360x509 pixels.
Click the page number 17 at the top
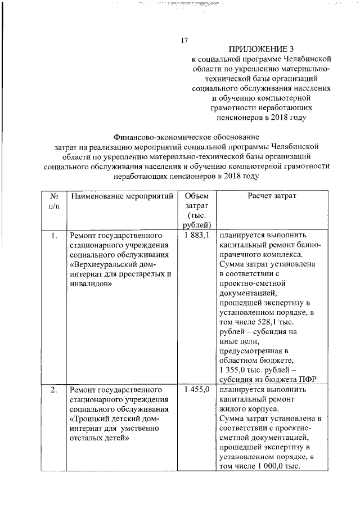183,40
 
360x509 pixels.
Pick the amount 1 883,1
196,236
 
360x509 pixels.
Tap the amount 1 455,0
196,389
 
